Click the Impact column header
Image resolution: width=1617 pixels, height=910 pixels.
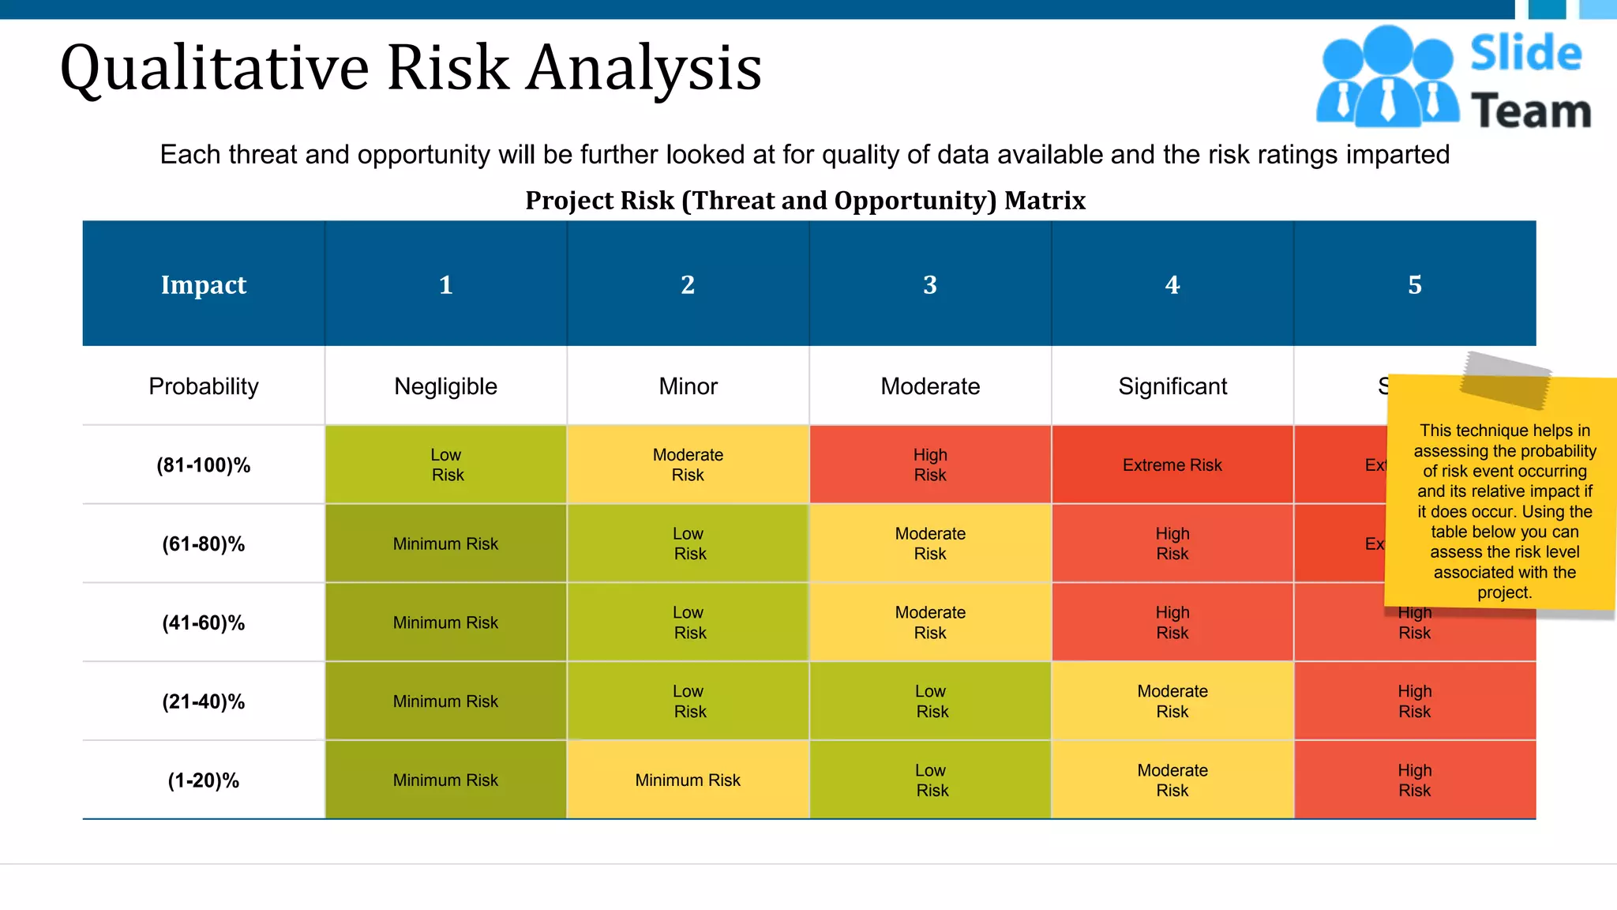203,284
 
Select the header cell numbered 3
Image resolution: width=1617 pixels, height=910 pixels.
929,284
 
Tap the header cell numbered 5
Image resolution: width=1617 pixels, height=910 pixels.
1414,284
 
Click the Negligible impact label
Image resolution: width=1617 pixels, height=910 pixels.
445,386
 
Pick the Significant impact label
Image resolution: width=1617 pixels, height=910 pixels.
1172,386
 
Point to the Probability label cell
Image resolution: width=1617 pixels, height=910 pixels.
203,386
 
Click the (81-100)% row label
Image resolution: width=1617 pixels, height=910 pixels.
203,465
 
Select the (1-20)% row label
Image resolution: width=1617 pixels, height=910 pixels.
203,780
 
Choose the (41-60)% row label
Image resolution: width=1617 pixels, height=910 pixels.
203,623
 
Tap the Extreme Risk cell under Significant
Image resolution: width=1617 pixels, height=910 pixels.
1172,465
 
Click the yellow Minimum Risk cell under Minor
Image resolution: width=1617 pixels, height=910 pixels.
688,780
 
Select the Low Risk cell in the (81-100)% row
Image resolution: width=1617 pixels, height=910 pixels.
446,465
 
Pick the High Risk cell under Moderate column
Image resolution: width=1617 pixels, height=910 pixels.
930,465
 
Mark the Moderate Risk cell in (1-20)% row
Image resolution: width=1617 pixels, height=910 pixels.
1172,780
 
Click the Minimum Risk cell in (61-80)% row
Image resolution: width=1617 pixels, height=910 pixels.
445,544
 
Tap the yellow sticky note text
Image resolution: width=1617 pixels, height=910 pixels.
1504,511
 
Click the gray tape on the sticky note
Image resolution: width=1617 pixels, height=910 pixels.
1505,380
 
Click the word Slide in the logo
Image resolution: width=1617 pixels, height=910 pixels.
1525,54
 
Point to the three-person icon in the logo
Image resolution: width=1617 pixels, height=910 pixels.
1387,77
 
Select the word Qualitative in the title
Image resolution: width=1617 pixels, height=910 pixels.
214,69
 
